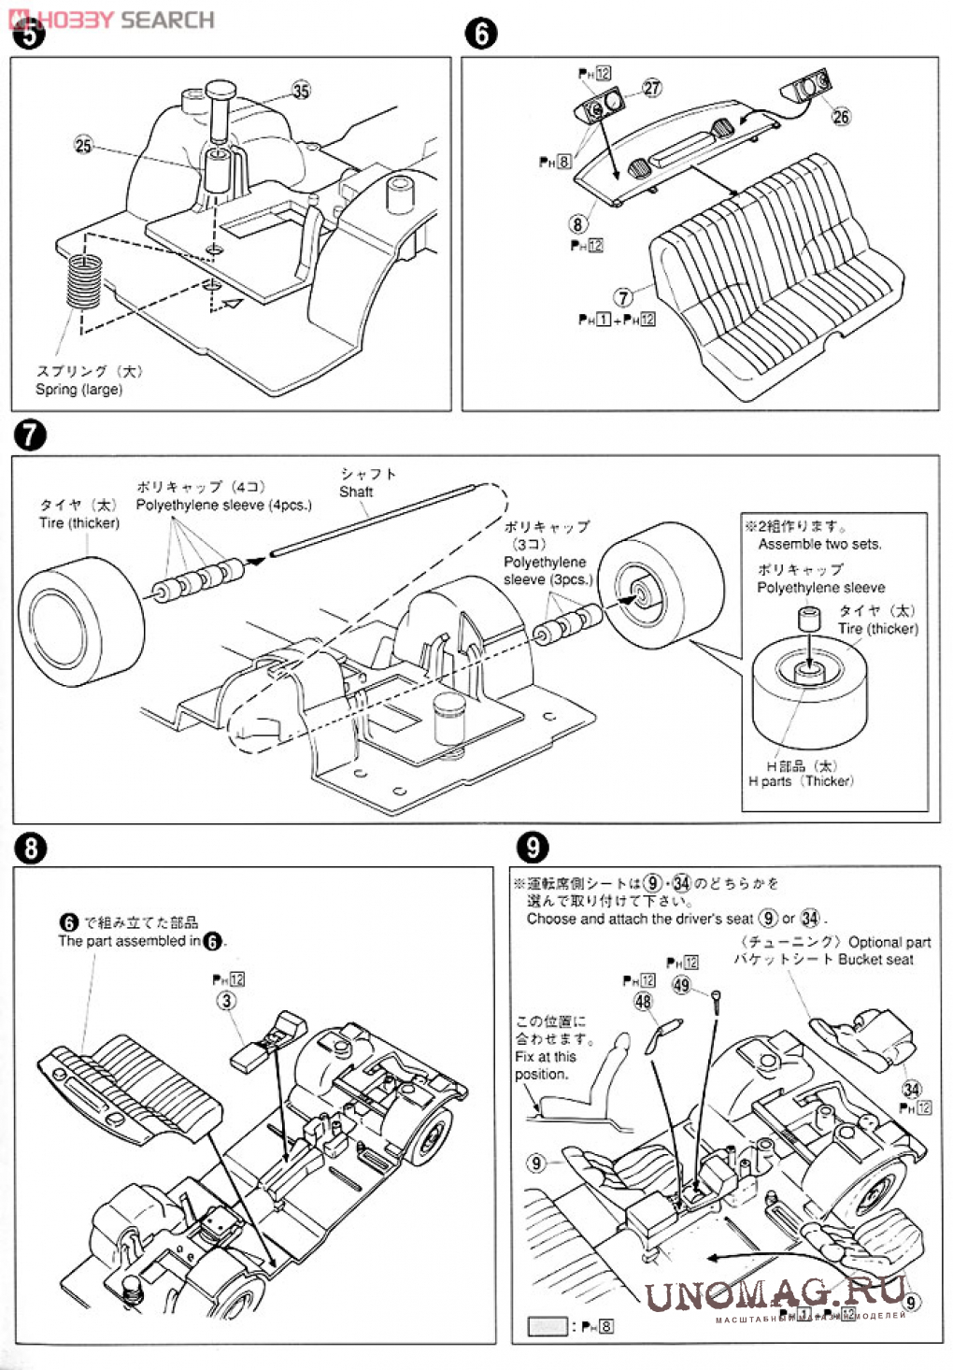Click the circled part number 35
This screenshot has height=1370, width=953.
pos(301,91)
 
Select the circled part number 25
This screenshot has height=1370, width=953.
pos(83,145)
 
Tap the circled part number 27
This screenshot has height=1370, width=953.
pos(651,88)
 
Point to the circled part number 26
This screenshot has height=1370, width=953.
pos(841,116)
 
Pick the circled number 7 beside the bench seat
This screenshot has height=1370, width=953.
pos(623,297)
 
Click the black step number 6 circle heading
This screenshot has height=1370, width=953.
pos(480,34)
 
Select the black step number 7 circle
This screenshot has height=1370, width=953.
pos(30,435)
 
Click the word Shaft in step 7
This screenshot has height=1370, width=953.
pos(356,492)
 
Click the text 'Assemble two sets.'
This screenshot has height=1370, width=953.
pos(819,544)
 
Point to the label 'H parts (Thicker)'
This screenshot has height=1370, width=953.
pos(801,781)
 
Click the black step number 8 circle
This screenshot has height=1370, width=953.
pos(30,848)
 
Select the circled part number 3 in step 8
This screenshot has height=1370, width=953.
pos(227,1001)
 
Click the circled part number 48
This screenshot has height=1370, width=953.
pos(643,1001)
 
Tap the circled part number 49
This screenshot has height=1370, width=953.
pos(681,985)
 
